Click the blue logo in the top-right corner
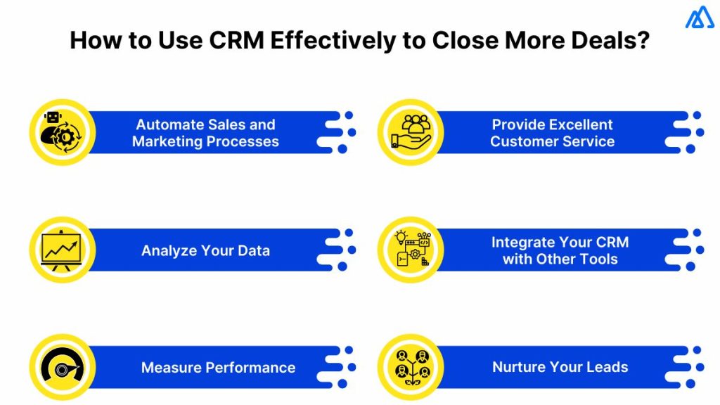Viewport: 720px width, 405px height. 699,18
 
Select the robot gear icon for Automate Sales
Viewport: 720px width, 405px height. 62,132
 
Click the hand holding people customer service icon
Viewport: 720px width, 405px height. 410,132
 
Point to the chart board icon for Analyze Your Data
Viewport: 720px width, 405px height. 62,250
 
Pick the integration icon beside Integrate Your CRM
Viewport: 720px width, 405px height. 410,250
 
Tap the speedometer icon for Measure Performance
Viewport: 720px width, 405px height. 62,367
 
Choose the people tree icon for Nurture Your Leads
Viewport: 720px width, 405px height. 410,367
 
